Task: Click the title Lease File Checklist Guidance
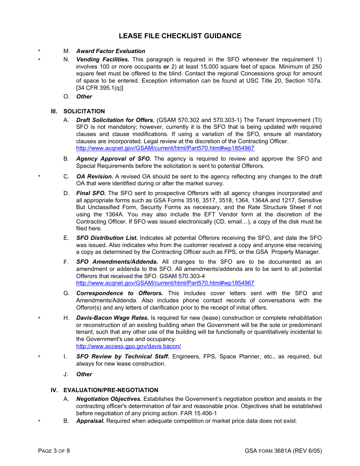(x=180, y=36)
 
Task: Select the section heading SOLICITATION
(x=84, y=111)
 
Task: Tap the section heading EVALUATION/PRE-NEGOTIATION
(x=111, y=390)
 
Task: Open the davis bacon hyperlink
(x=128, y=346)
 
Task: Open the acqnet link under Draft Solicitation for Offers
(x=165, y=149)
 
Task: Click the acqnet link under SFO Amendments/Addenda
(x=165, y=283)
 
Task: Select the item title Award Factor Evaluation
(x=111, y=51)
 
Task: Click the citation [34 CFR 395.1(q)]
(x=100, y=88)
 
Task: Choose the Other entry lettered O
(x=84, y=97)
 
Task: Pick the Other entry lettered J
(x=84, y=374)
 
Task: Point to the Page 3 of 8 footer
(x=54, y=451)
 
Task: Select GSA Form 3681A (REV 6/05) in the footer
(x=283, y=451)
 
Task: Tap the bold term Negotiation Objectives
(x=109, y=399)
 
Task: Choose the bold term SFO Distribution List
(x=107, y=238)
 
